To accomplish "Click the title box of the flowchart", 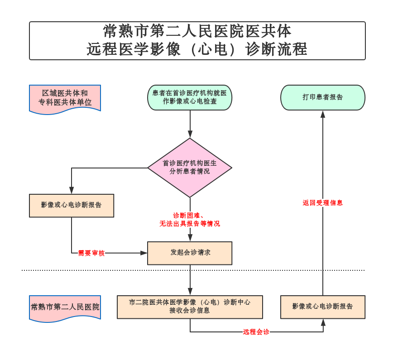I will pos(197,41).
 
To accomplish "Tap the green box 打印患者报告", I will pos(322,97).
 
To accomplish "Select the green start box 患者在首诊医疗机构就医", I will pos(190,97).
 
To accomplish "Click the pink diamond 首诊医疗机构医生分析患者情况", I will pos(190,168).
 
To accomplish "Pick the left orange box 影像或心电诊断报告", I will pos(72,206).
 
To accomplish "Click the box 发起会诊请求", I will pos(190,253).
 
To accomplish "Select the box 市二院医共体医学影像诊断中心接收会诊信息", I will pos(190,307).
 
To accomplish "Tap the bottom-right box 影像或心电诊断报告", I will pos(322,307).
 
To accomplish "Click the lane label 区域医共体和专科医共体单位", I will pos(65,98).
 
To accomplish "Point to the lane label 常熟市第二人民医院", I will pos(65,307).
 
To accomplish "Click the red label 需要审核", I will pos(91,253).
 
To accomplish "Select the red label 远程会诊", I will pos(256,332).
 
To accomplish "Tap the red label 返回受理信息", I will pos(322,203).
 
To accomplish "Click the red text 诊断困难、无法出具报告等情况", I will pos(190,220).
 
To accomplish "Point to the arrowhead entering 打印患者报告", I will pos(323,114).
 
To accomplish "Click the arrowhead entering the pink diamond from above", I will pos(190,134).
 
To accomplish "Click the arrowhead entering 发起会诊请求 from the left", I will pos(144,253).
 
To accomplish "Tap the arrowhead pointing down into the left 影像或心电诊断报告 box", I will pos(72,191).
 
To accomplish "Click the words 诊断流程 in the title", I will pos(277,49).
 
